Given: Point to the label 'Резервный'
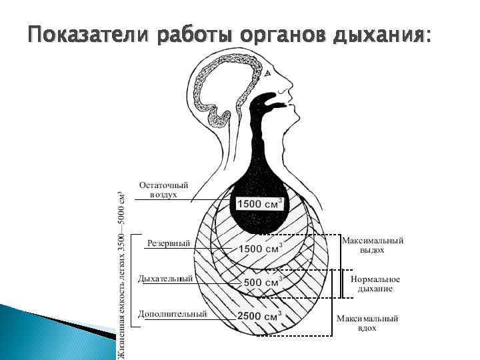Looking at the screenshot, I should coord(168,243).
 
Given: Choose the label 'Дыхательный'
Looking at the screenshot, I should coord(165,278).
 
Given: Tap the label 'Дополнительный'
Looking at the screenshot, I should coord(173,313).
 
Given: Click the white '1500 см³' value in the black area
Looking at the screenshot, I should coord(260,203).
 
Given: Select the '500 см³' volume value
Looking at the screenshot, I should coord(261,282).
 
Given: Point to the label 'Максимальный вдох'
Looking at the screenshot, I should coord(367,323).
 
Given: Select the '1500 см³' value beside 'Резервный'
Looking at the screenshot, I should coord(260,249).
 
